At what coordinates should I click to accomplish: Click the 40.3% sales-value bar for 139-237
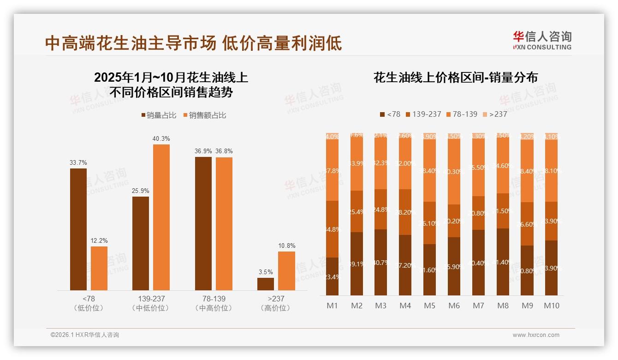161,217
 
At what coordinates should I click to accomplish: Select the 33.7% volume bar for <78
78,229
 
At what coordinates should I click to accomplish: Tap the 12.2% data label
99,241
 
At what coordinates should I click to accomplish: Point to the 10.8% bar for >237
286,270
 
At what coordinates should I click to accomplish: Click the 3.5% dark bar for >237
266,284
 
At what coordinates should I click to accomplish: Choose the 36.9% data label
203,151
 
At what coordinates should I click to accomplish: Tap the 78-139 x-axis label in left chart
214,299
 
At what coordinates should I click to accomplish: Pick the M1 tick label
332,306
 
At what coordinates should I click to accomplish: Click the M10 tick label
551,306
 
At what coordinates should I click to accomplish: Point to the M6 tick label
454,306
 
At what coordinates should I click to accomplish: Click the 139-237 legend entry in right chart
422,114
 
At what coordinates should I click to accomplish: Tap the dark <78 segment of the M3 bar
380,262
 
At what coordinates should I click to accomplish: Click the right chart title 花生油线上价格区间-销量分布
455,78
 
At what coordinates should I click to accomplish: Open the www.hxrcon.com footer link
535,335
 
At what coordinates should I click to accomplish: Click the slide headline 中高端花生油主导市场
131,43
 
